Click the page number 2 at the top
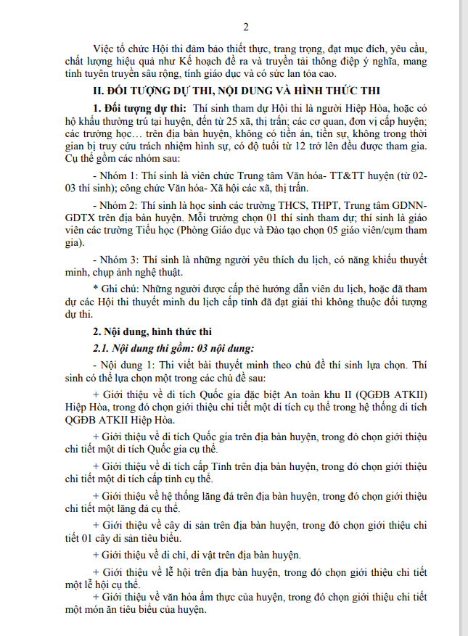[x=245, y=28]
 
